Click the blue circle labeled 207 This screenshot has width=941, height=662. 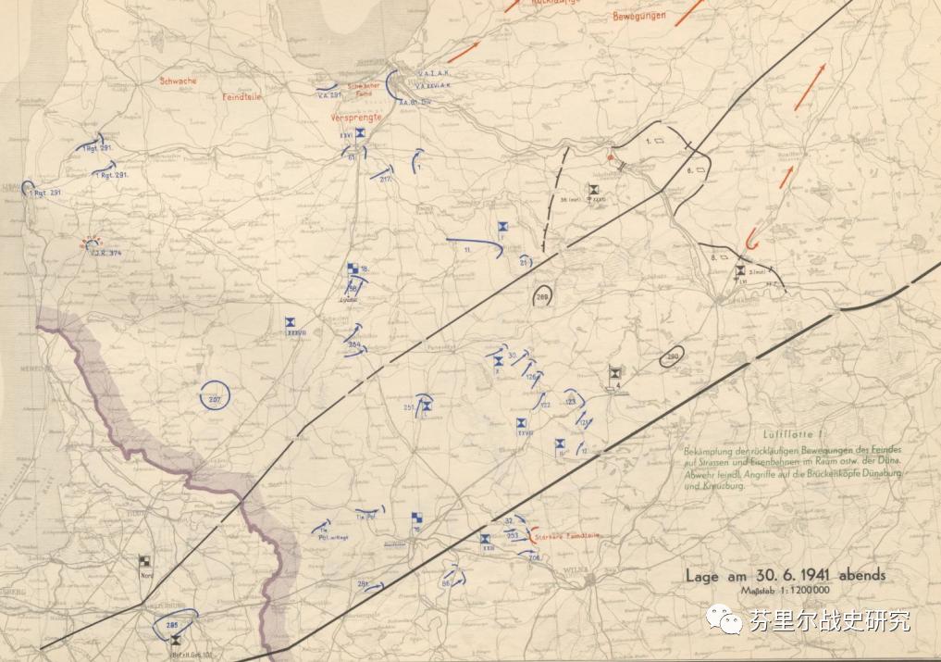point(215,397)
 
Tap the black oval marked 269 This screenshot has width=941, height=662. point(542,297)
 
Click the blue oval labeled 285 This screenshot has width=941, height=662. point(172,626)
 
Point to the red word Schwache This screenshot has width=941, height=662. point(178,81)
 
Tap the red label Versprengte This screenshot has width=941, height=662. point(356,119)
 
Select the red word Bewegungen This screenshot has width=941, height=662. point(639,17)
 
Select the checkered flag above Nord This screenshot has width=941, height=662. point(144,561)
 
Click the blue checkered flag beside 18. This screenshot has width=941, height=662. point(353,269)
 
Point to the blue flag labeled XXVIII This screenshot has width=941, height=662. point(294,324)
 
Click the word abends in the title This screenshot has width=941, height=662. point(861,575)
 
